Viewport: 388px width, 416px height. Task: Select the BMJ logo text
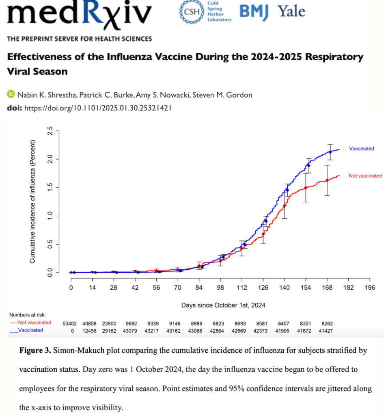click(x=254, y=11)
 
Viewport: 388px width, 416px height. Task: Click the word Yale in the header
click(x=292, y=11)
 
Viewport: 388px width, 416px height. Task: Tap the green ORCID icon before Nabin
click(x=11, y=95)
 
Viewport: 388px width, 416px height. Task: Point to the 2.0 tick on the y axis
click(x=50, y=159)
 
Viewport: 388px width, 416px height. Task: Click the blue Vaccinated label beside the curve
click(x=361, y=149)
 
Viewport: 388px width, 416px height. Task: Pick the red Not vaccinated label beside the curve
click(x=365, y=176)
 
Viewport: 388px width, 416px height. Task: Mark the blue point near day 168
click(x=330, y=152)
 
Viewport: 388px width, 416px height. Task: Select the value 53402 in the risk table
click(x=70, y=323)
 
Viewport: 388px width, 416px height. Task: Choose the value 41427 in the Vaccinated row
click(x=327, y=331)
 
